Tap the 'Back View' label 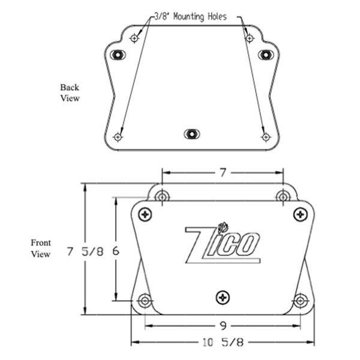[x=70, y=92]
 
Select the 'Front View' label [x=41, y=248]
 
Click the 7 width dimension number [x=222, y=173]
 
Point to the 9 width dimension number [x=223, y=326]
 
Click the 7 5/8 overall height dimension [x=85, y=252]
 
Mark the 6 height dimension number [x=116, y=252]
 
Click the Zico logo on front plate [x=223, y=243]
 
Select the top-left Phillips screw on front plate [x=145, y=214]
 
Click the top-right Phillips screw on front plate [x=299, y=214]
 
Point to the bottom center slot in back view [x=191, y=134]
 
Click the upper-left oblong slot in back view [x=118, y=55]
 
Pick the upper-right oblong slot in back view [x=265, y=55]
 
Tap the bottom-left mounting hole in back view [x=118, y=137]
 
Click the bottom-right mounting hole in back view [x=266, y=137]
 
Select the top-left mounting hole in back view [x=134, y=38]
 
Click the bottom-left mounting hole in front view [x=144, y=300]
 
